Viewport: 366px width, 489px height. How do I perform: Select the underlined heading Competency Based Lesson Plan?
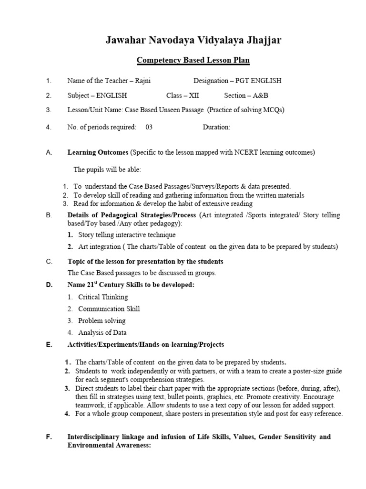tap(193, 61)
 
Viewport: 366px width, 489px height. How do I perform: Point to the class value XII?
tap(194, 96)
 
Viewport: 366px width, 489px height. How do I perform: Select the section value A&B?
tap(257, 96)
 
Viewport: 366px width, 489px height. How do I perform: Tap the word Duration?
tap(216, 127)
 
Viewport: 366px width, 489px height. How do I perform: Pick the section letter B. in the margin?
tap(49, 215)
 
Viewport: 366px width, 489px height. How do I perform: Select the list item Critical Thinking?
tap(103, 297)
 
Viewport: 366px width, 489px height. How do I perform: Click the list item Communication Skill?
tap(109, 309)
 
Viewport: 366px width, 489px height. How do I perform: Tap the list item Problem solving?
tap(102, 321)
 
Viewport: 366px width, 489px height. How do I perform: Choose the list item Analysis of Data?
tap(102, 333)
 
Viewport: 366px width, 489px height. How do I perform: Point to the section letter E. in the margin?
tap(49, 345)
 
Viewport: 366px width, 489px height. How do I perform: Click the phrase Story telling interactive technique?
tap(127, 235)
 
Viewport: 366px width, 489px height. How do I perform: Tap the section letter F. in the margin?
tap(49, 437)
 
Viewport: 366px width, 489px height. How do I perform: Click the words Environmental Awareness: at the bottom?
tap(109, 446)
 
